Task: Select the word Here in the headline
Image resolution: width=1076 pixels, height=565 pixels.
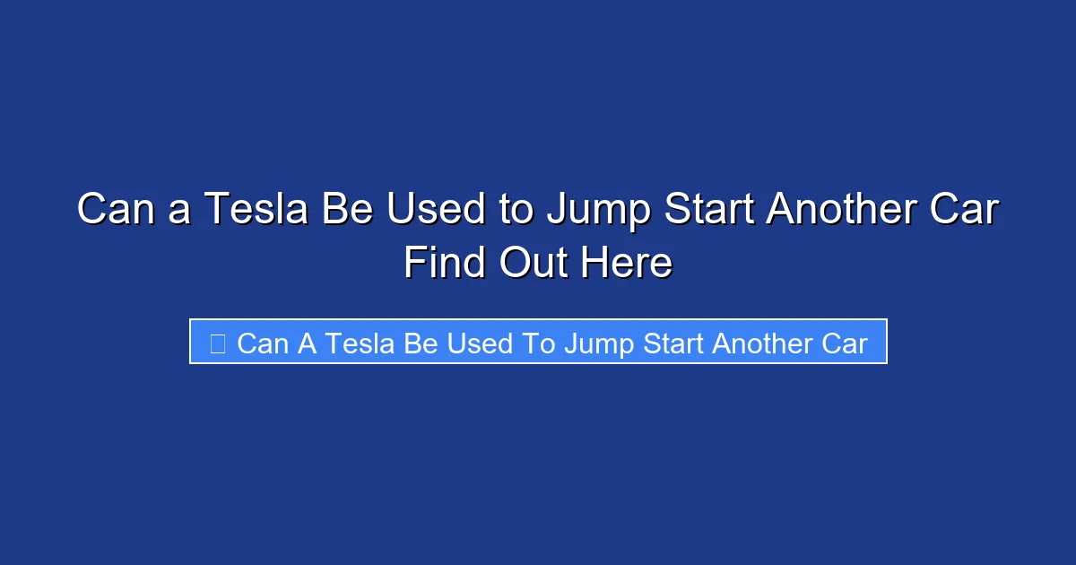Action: [628, 264]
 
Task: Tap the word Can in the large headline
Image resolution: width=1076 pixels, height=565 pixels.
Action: [113, 210]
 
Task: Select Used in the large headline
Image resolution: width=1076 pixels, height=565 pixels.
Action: [436, 210]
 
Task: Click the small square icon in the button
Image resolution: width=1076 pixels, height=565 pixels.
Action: [217, 343]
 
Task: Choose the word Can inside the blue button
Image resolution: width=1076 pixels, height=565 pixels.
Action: [264, 343]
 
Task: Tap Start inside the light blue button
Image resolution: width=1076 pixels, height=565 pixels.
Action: [672, 343]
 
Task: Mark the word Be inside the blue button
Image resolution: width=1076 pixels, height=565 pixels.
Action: [421, 343]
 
